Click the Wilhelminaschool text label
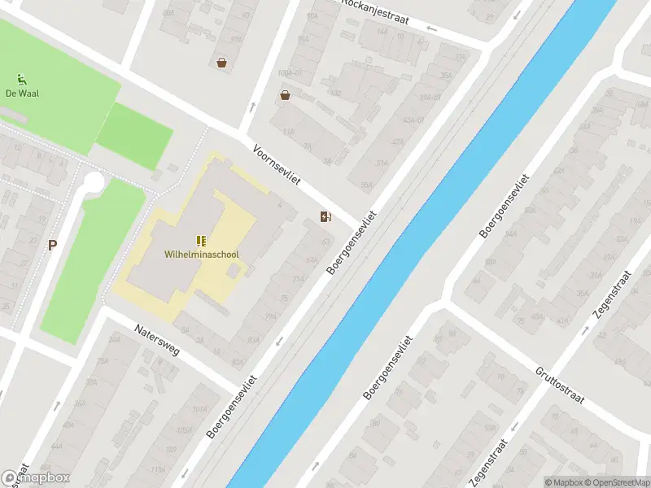(x=202, y=254)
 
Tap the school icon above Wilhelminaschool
(x=201, y=241)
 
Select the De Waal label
(x=22, y=93)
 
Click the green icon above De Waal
(x=21, y=80)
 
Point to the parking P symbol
(x=52, y=245)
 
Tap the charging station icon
(x=325, y=216)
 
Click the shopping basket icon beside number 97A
(x=221, y=62)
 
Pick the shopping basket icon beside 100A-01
(x=286, y=95)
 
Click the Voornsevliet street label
(x=277, y=168)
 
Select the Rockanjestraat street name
(x=376, y=12)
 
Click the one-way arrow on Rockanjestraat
(x=430, y=29)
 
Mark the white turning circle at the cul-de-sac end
(x=94, y=181)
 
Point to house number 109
(x=172, y=448)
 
